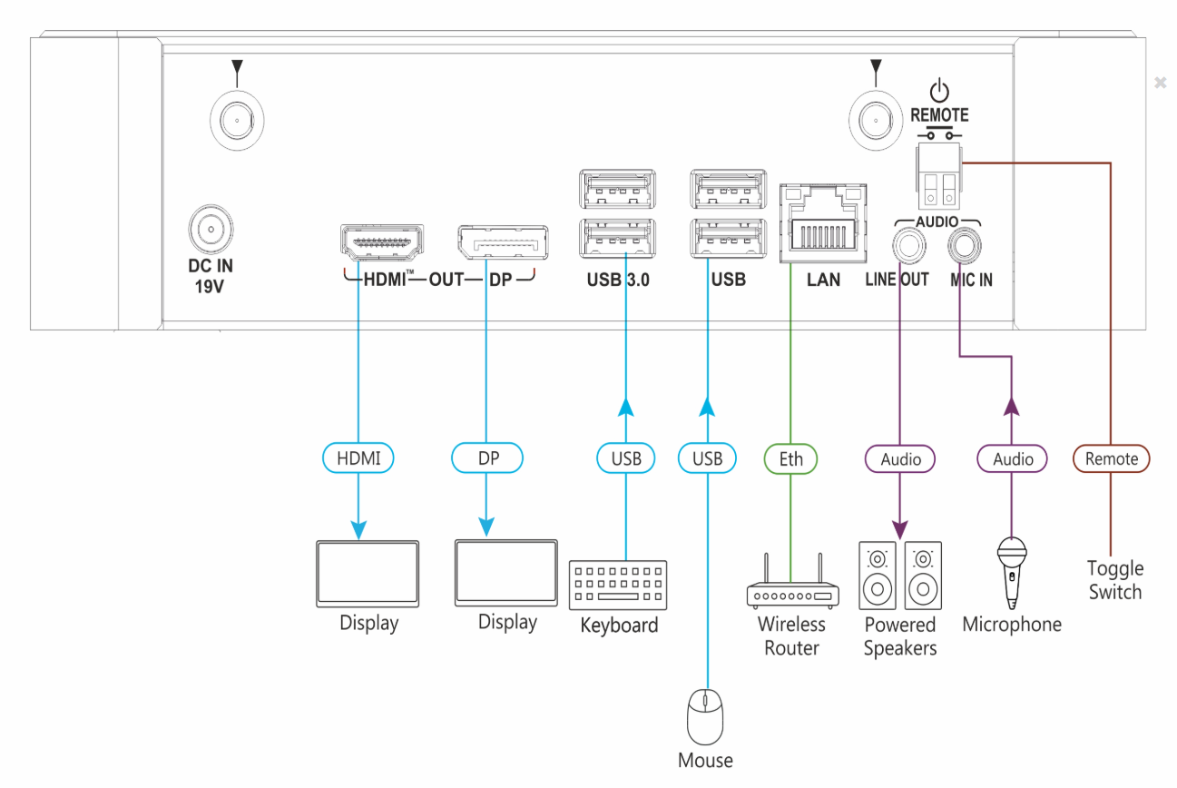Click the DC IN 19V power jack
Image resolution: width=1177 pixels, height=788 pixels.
click(211, 231)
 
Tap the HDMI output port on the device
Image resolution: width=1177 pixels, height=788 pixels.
click(382, 242)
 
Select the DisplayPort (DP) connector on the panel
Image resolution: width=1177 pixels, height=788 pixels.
click(495, 243)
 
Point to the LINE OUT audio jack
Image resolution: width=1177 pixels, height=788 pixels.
click(908, 243)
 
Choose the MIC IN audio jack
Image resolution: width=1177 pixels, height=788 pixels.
click(965, 243)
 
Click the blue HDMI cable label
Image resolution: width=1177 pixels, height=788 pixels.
click(360, 459)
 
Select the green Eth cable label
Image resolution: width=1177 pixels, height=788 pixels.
click(791, 459)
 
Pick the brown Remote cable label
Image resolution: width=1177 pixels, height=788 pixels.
click(1112, 459)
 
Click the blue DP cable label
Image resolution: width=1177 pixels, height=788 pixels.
click(487, 459)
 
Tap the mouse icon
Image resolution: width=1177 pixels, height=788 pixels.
click(706, 716)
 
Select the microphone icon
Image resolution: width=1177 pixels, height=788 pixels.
click(1011, 573)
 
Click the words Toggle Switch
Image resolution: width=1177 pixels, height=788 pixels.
click(1115, 580)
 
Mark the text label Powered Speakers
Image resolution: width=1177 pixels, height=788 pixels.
click(899, 636)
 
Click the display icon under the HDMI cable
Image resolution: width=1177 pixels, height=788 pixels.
click(368, 574)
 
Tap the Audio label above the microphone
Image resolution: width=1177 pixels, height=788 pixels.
click(1013, 459)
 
